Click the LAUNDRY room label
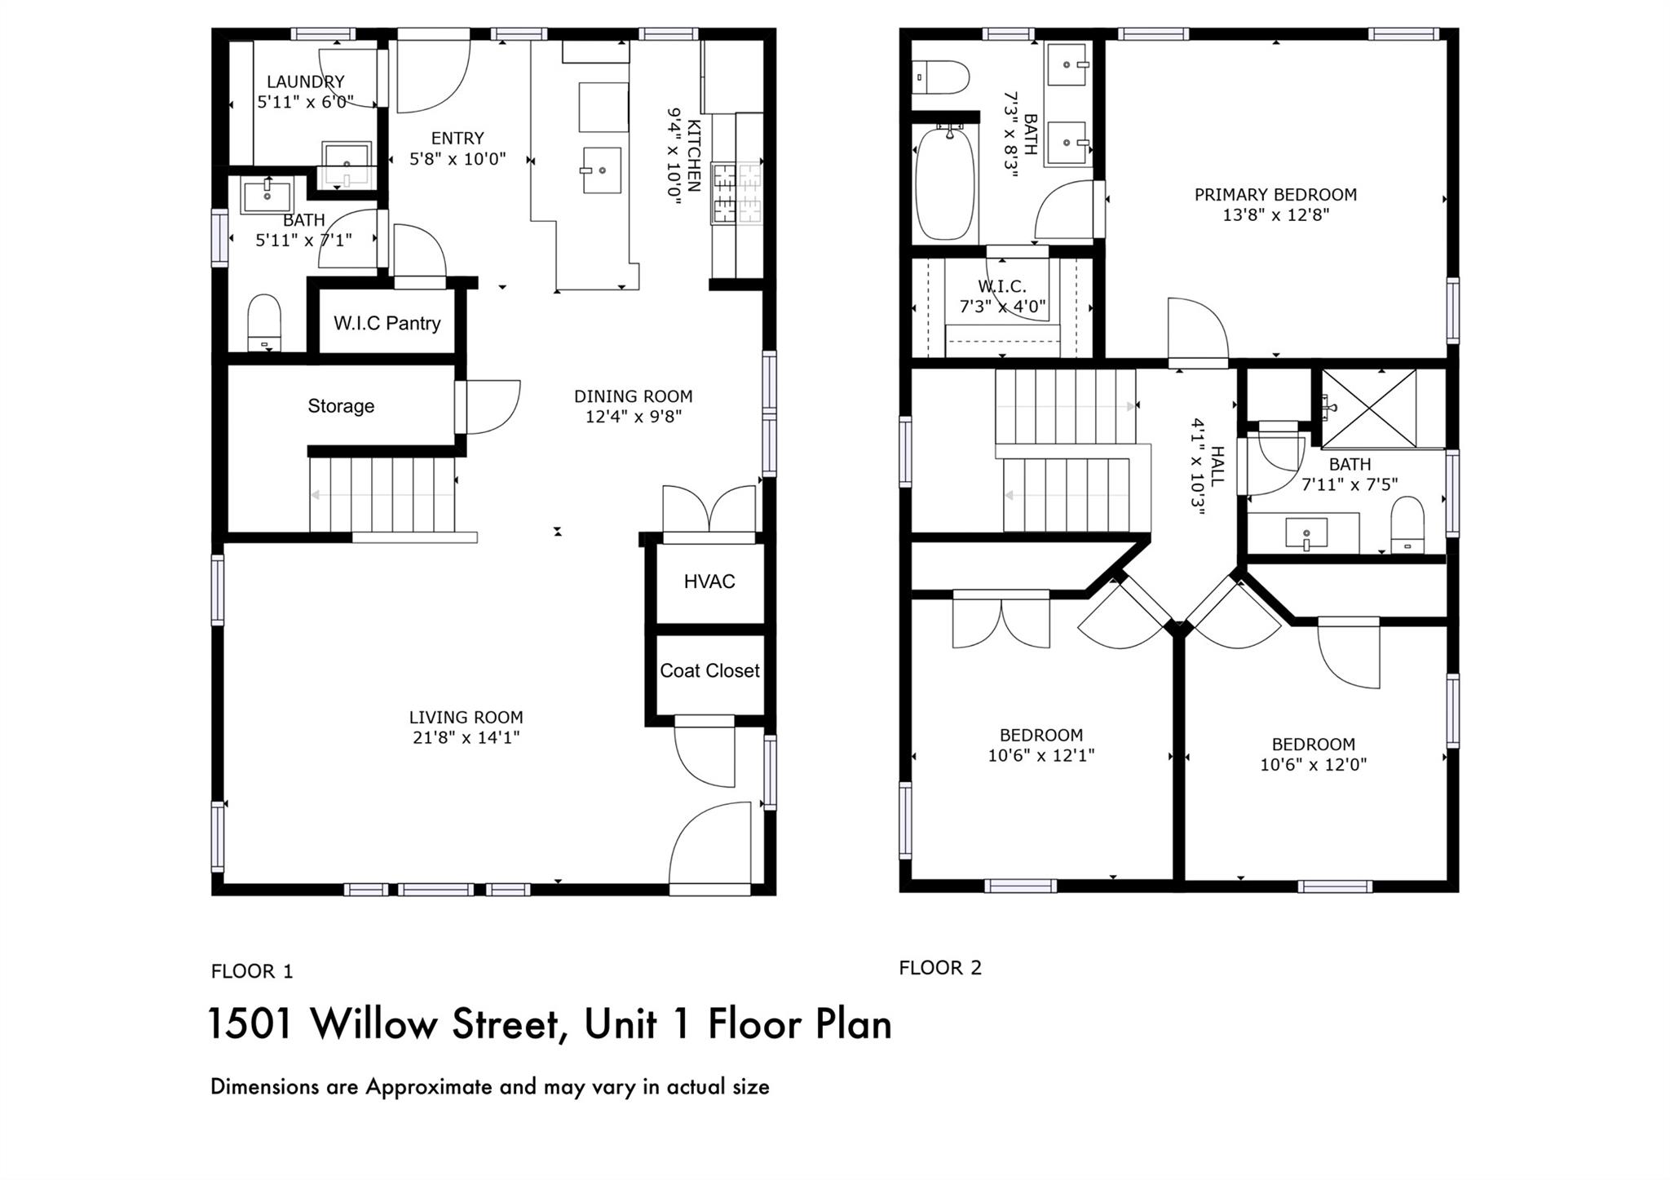tap(306, 82)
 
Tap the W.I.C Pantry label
tap(387, 323)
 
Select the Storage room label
tap(341, 406)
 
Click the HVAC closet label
tap(709, 581)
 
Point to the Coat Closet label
tap(709, 670)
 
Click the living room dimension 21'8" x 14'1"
tap(466, 738)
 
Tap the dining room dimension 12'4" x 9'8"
tap(633, 417)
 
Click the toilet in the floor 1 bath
tap(264, 323)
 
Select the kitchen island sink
tap(602, 170)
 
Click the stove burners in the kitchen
tap(737, 193)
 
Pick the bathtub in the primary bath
tap(944, 183)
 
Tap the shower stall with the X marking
tap(1368, 408)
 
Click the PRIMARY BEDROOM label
tap(1275, 195)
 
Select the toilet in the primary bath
tap(941, 77)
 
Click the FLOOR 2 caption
tap(940, 968)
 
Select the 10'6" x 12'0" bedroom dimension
tap(1313, 765)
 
